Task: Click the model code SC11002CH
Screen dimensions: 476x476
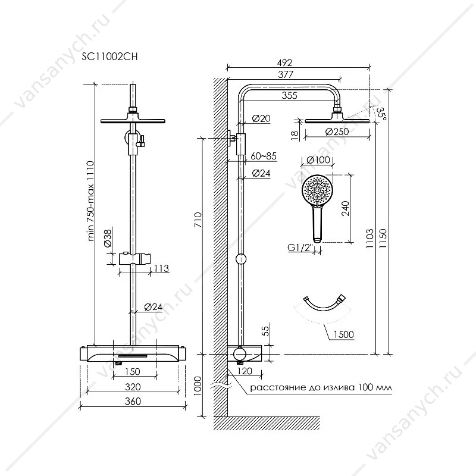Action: click(109, 57)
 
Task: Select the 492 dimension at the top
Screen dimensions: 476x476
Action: click(284, 62)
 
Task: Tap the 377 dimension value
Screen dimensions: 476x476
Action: click(286, 74)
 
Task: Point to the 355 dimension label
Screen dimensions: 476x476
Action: click(289, 95)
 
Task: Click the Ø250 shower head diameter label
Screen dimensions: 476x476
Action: click(337, 131)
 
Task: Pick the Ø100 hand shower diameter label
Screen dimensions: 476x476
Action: click(318, 159)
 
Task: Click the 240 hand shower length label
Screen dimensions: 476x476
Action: click(345, 208)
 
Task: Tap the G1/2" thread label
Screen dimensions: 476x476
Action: click(300, 248)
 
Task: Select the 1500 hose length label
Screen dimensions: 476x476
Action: click(344, 334)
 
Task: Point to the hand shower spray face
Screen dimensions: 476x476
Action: click(317, 190)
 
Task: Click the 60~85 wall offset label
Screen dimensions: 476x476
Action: click(264, 156)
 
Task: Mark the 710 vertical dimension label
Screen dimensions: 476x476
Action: click(198, 220)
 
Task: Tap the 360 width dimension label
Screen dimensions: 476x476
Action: click(133, 401)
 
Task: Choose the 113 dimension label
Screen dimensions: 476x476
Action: click(161, 268)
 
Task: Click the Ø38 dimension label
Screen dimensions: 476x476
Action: click(108, 239)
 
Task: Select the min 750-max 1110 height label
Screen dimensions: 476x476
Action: click(90, 201)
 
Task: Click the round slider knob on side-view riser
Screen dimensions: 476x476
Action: click(241, 259)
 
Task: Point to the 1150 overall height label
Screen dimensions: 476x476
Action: click(383, 238)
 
